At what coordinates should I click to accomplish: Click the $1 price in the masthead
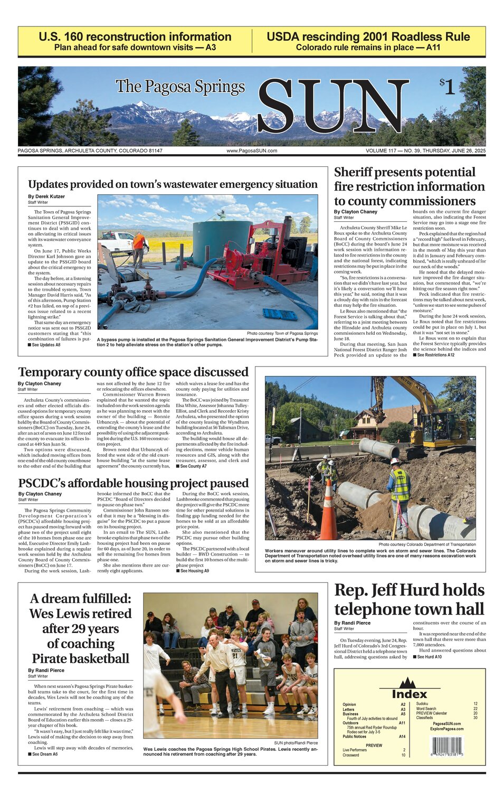point(447,86)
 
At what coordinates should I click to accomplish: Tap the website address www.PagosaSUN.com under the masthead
point(252,151)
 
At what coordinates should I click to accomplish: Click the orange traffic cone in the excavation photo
point(328,511)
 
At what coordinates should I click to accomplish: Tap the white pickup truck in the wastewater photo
point(117,241)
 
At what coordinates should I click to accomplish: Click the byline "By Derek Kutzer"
point(46,196)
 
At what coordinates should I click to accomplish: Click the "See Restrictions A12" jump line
point(435,355)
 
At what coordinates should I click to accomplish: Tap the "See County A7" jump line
point(193,466)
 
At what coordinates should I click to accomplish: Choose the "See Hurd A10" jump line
point(430,657)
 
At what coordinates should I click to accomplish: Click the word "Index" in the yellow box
point(410,694)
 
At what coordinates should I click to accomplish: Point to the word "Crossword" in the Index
point(351,755)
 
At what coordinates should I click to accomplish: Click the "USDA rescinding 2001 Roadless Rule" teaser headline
point(368,37)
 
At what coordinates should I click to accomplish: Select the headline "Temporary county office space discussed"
point(133,372)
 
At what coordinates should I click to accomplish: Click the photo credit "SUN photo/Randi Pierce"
point(296,742)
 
